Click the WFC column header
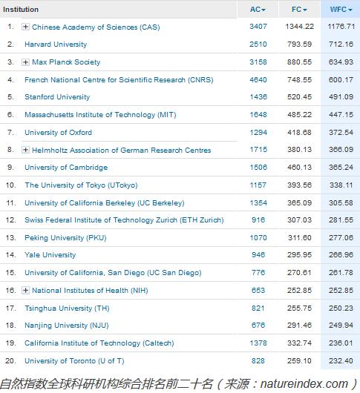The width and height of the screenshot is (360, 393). click(341, 10)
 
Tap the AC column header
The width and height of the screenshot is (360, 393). click(258, 10)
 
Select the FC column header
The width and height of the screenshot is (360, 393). click(299, 10)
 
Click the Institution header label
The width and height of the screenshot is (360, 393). click(21, 10)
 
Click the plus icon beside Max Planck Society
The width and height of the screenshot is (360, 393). click(25, 62)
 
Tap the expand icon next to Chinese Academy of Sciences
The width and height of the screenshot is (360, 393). click(25, 27)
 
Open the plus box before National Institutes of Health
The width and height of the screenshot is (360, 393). click(25, 290)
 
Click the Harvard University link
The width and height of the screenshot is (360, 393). click(56, 44)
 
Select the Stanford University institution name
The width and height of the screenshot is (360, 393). click(57, 97)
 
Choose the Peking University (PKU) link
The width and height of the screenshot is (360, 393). click(65, 238)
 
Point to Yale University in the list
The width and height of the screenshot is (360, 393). click(50, 255)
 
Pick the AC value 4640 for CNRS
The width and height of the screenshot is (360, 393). click(258, 79)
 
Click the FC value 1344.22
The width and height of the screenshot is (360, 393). click(300, 27)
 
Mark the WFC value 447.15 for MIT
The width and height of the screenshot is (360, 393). click(341, 115)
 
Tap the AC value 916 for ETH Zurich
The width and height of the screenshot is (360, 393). click(258, 219)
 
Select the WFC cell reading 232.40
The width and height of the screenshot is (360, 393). click(341, 360)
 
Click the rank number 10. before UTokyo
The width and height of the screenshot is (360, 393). click(11, 185)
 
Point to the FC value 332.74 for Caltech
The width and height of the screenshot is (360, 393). click(300, 343)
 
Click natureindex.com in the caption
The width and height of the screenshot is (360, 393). click(304, 384)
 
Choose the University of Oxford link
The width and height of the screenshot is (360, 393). click(58, 132)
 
